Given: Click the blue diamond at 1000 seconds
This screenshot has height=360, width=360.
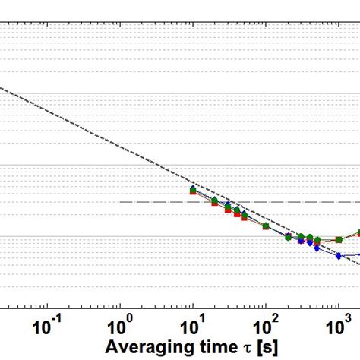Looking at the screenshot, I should [x=338, y=255].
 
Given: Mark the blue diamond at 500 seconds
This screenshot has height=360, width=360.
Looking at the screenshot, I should [x=316, y=245].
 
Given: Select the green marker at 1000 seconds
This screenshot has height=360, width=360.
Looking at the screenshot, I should [x=338, y=239].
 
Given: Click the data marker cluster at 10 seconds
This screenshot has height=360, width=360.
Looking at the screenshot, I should [x=193, y=190].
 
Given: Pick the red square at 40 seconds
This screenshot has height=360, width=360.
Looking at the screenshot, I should [x=237, y=214].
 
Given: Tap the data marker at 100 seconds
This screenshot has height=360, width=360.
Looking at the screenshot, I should [x=265, y=226].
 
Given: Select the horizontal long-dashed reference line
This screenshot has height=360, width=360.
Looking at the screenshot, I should [x=152, y=202].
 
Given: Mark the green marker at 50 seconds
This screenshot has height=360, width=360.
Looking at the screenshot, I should [x=244, y=213].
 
